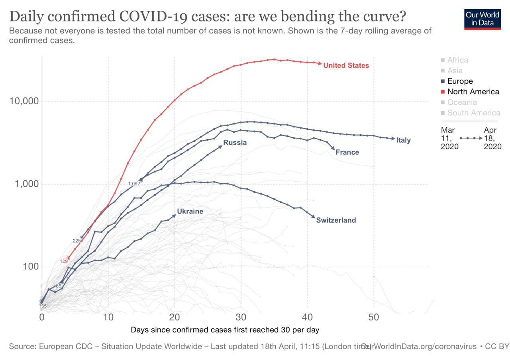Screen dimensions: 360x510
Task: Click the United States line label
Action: tap(346, 65)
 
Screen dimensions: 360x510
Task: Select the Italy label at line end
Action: tap(403, 140)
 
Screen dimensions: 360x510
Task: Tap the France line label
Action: tap(347, 152)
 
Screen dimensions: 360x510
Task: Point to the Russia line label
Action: tap(235, 143)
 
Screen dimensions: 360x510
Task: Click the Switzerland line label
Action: tap(336, 220)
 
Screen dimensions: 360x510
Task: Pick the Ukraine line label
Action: tap(190, 211)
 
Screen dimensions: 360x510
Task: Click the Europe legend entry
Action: tap(460, 81)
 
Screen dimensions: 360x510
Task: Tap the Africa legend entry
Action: tap(457, 60)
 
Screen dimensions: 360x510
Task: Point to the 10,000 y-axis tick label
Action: tap(24, 101)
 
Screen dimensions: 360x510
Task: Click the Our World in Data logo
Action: tap(482, 18)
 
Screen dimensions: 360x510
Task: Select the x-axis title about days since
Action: tap(225, 330)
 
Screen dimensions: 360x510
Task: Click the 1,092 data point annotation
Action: tap(134, 184)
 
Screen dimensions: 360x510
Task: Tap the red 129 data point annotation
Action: tap(64, 261)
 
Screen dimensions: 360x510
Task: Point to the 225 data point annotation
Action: tap(76, 241)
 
